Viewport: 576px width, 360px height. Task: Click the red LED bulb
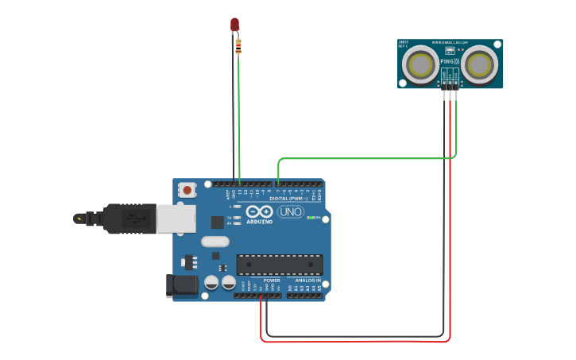pyautogui.click(x=234, y=25)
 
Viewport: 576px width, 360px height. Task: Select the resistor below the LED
pyautogui.click(x=238, y=47)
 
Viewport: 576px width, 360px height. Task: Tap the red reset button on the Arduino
pyautogui.click(x=187, y=190)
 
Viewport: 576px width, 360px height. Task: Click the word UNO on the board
pyautogui.click(x=290, y=211)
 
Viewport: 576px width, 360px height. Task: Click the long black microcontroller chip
pyautogui.click(x=280, y=265)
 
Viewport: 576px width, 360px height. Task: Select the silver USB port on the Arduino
pyautogui.click(x=176, y=219)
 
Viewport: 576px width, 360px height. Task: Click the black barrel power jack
pyautogui.click(x=180, y=286)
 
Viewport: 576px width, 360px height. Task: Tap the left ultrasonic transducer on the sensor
pyautogui.click(x=420, y=64)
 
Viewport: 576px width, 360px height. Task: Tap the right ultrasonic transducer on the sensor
pyautogui.click(x=480, y=64)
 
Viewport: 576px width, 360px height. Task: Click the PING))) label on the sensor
pyautogui.click(x=450, y=61)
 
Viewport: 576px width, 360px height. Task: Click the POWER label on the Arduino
pyautogui.click(x=272, y=281)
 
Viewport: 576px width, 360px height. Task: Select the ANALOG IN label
pyautogui.click(x=308, y=281)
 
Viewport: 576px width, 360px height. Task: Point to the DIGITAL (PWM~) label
pyautogui.click(x=288, y=198)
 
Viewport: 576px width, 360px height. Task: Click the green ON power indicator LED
pyautogui.click(x=320, y=218)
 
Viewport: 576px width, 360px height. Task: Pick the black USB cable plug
pyautogui.click(x=127, y=219)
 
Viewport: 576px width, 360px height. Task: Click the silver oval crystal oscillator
pyautogui.click(x=215, y=242)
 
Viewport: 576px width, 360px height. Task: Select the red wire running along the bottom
pyautogui.click(x=358, y=342)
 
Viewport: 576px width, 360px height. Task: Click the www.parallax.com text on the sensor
pyautogui.click(x=450, y=42)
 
